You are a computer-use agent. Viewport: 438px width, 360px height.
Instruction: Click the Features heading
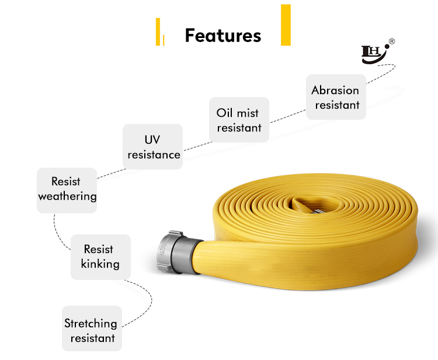[223, 36]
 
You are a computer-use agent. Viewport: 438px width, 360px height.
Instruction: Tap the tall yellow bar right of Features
[286, 25]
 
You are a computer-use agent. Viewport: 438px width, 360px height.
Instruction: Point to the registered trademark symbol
[392, 41]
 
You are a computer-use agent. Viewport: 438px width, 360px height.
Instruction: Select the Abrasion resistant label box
[336, 97]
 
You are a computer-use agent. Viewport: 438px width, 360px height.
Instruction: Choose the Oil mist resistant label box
[238, 120]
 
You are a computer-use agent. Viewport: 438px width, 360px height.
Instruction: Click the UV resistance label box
[153, 147]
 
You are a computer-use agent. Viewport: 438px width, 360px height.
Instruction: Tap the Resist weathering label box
[67, 189]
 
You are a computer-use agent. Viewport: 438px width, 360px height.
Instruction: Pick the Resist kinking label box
[100, 257]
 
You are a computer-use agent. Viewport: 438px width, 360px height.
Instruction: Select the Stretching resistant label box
[92, 330]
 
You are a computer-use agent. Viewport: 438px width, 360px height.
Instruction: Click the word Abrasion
[335, 90]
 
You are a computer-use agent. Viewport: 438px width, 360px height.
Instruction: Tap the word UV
[152, 140]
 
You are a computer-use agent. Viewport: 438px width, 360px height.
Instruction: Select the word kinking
[100, 264]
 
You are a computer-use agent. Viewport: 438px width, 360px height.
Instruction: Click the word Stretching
[91, 323]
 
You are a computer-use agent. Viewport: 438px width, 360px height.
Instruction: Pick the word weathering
[67, 196]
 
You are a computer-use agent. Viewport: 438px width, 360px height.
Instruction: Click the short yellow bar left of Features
[157, 32]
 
